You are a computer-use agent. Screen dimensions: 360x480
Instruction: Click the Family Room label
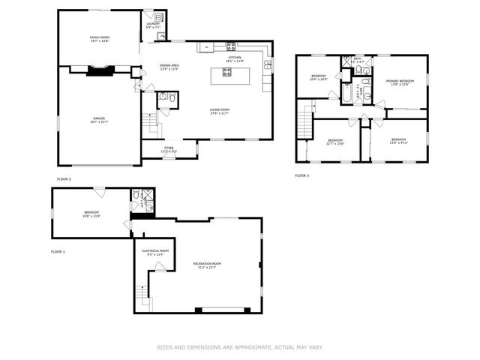click(x=99, y=39)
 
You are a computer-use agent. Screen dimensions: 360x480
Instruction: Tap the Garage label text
click(x=99, y=120)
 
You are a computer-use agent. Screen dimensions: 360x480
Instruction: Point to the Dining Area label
click(x=169, y=67)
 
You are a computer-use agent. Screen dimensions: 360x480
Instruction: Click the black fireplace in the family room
click(x=99, y=71)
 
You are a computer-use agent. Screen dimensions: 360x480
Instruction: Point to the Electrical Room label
click(x=155, y=252)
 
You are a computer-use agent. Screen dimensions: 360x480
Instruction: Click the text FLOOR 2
click(x=64, y=179)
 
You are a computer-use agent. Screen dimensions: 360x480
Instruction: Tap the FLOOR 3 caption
click(x=301, y=175)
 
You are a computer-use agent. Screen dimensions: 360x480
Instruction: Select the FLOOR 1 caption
click(x=58, y=251)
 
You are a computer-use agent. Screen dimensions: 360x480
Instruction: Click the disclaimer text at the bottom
click(x=239, y=346)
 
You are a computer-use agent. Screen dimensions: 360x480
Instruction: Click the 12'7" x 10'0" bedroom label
click(x=335, y=142)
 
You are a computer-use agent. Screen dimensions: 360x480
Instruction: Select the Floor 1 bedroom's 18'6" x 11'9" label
click(x=91, y=214)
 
